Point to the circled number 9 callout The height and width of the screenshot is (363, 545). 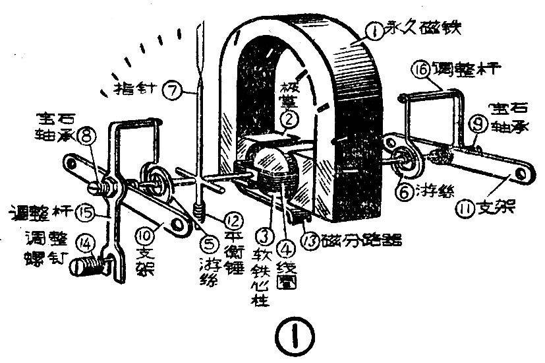[x=479, y=123]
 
